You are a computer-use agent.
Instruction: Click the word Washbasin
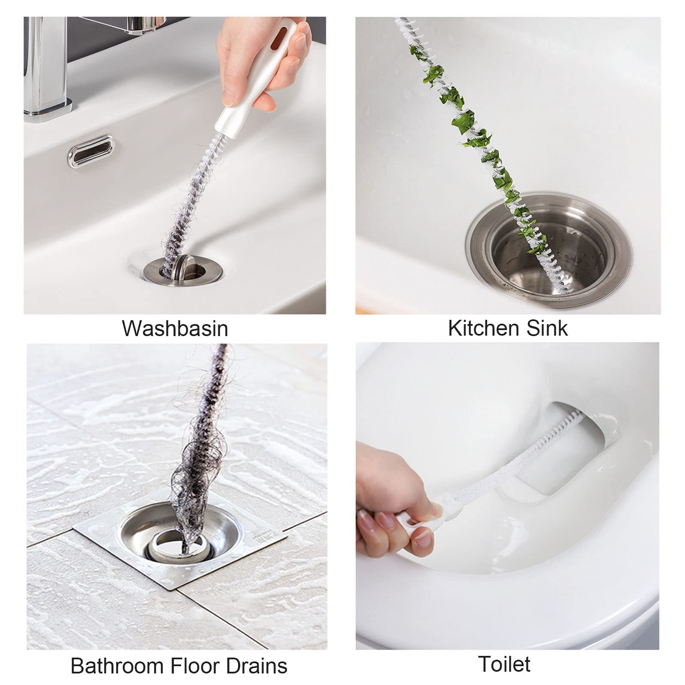pyautogui.click(x=175, y=329)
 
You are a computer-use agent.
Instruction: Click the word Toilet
pyautogui.click(x=504, y=664)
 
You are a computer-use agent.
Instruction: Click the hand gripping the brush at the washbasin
pyautogui.click(x=261, y=56)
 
